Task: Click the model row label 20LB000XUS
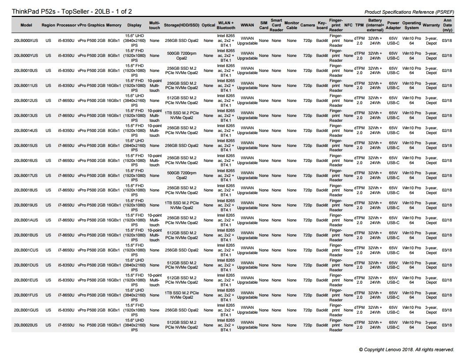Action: point(26,41)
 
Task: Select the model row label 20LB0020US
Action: point(26,325)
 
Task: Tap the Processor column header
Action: point(66,25)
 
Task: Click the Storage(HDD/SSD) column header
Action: point(181,25)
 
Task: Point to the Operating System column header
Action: point(411,25)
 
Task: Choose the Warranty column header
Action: point(431,25)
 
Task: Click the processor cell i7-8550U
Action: point(66,325)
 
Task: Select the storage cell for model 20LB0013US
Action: point(181,116)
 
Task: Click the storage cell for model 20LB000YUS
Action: point(181,56)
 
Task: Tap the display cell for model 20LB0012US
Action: point(135,101)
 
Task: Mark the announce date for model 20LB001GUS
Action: point(447,310)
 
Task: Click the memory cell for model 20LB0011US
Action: point(113,86)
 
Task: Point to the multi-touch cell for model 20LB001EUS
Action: point(154,280)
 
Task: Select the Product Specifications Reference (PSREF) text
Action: point(410,12)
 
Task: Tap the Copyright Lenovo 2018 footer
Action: point(406,349)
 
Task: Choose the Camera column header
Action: point(308,25)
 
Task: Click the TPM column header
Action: point(359,25)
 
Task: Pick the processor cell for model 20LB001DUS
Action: point(66,265)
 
